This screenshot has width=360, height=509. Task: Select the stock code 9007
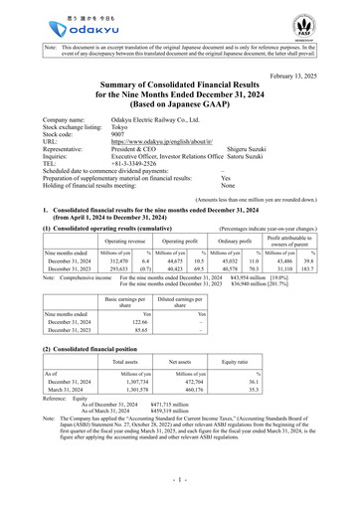click(117, 137)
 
